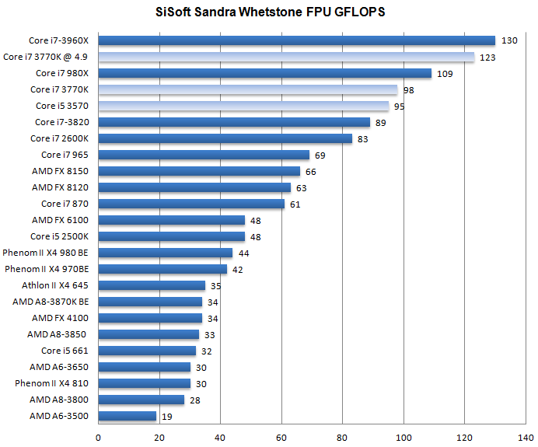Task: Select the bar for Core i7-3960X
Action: (x=296, y=40)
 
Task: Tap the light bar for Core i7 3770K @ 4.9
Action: (x=286, y=57)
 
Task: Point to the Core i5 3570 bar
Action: (x=243, y=106)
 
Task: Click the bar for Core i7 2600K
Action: (x=225, y=138)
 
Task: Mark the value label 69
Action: (x=320, y=155)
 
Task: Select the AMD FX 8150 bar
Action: (x=199, y=171)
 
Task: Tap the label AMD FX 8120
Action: (x=61, y=187)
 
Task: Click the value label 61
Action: (x=295, y=204)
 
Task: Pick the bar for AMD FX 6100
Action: (x=171, y=220)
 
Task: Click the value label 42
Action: (x=238, y=270)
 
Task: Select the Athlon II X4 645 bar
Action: (x=152, y=285)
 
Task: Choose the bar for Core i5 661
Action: (x=147, y=351)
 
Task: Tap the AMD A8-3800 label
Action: (x=60, y=400)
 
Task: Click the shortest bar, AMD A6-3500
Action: (x=127, y=416)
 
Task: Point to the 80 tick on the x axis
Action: (x=342, y=437)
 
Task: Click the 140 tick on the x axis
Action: (x=526, y=437)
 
